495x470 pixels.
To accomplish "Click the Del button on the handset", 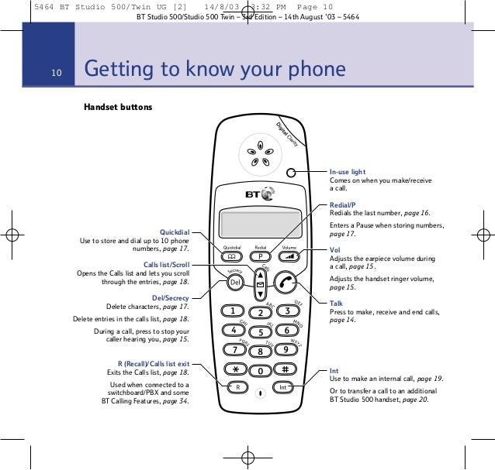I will click(x=235, y=283).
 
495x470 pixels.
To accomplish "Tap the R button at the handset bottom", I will click(x=237, y=387).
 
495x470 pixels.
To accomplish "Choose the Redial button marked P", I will click(x=261, y=256).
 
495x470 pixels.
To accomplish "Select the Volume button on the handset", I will click(x=289, y=256).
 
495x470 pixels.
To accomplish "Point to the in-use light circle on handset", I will click(x=290, y=173).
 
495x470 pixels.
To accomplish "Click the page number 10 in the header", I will click(x=57, y=73).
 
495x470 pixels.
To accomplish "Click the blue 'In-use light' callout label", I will click(x=348, y=171).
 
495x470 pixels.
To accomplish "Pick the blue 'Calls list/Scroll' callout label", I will click(x=166, y=265).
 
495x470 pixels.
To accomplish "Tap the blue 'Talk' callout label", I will click(x=336, y=304).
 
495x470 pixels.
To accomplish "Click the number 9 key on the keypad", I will click(x=286, y=349).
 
